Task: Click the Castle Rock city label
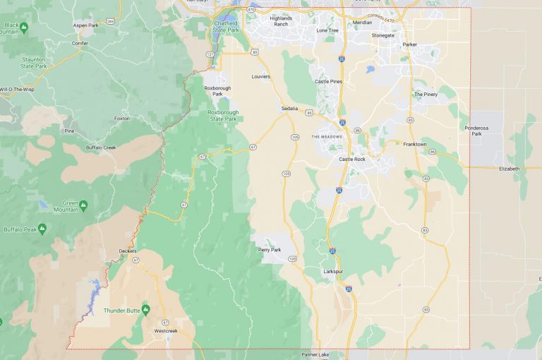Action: (352, 159)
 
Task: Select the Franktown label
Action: (415, 144)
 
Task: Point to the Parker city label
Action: (410, 44)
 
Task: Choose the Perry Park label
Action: (269, 250)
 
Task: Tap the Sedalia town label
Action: (289, 109)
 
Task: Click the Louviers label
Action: (260, 76)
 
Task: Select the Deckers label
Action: (128, 251)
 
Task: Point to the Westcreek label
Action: (166, 330)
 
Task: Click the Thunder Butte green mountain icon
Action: (146, 310)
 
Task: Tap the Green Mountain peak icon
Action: (83, 205)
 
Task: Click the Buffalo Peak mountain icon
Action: (42, 229)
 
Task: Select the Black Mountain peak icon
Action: (24, 28)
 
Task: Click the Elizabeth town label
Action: (509, 169)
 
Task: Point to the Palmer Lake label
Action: (315, 354)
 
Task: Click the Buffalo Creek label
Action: (101, 147)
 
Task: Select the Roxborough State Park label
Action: (223, 115)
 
